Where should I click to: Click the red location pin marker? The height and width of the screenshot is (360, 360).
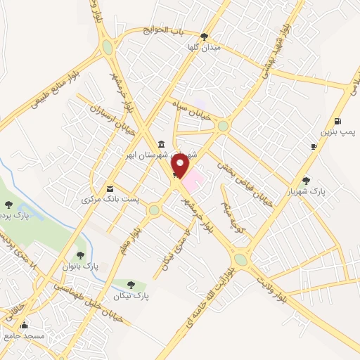(181, 167)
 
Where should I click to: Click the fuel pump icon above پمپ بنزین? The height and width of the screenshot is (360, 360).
(338, 120)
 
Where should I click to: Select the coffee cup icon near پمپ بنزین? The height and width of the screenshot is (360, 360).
(314, 146)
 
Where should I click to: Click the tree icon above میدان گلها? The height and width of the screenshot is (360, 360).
(204, 36)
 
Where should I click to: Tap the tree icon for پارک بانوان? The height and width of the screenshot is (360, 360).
(82, 255)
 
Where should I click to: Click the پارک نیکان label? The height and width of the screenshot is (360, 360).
(131, 296)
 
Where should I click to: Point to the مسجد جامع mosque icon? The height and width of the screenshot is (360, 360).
(25, 325)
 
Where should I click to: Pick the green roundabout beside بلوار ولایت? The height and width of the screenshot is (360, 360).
(240, 259)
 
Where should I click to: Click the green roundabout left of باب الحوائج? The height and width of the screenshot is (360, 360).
(107, 47)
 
